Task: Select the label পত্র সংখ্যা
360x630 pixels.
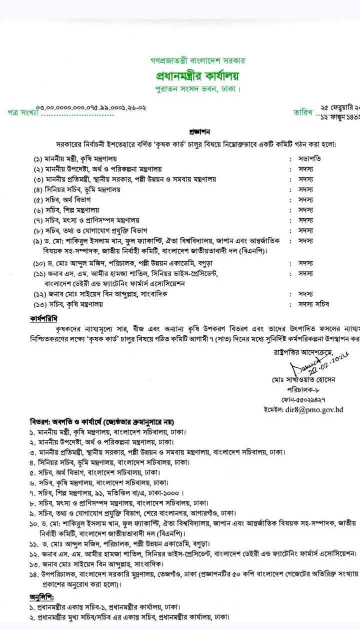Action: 23,112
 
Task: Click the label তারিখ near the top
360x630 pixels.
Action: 303,112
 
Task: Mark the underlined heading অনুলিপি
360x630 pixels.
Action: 42,597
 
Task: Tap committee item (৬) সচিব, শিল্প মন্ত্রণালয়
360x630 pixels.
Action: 68,210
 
